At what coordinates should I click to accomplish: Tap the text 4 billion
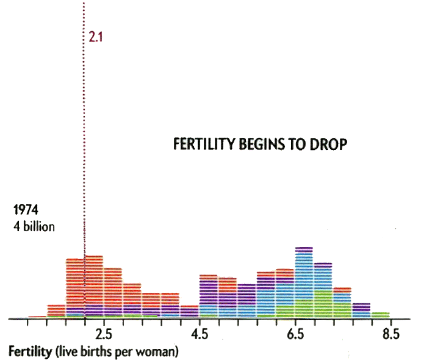pyautogui.click(x=34, y=227)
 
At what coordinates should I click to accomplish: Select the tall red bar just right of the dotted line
pyautogui.click(x=94, y=287)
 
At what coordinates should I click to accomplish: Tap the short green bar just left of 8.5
pyautogui.click(x=381, y=315)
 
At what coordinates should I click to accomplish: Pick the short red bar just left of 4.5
pyautogui.click(x=189, y=312)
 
